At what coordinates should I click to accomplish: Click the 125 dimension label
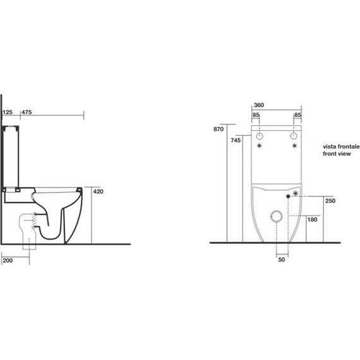pyautogui.click(x=8, y=112)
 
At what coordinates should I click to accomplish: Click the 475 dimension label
pyautogui.click(x=27, y=112)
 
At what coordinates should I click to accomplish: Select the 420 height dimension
pyautogui.click(x=98, y=191)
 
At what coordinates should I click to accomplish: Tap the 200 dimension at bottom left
pyautogui.click(x=8, y=260)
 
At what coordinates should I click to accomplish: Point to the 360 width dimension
pyautogui.click(x=259, y=105)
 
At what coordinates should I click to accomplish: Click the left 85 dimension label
pyautogui.click(x=256, y=115)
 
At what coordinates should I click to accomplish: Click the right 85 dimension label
pyautogui.click(x=297, y=115)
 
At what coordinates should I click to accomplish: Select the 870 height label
pyautogui.click(x=219, y=129)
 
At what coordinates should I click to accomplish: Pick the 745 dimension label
pyautogui.click(x=236, y=140)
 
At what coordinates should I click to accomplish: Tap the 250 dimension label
pyautogui.click(x=330, y=201)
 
